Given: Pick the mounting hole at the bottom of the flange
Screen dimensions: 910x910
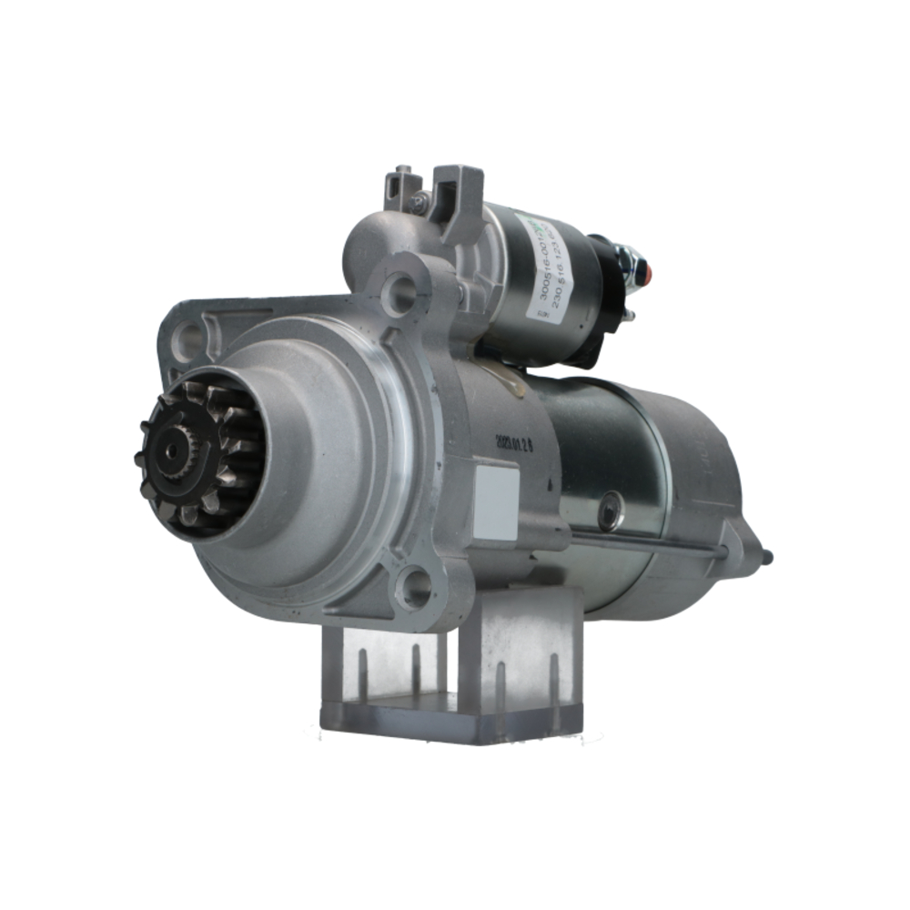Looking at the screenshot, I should [x=415, y=588].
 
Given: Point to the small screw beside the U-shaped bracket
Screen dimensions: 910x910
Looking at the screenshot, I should [x=419, y=203].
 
